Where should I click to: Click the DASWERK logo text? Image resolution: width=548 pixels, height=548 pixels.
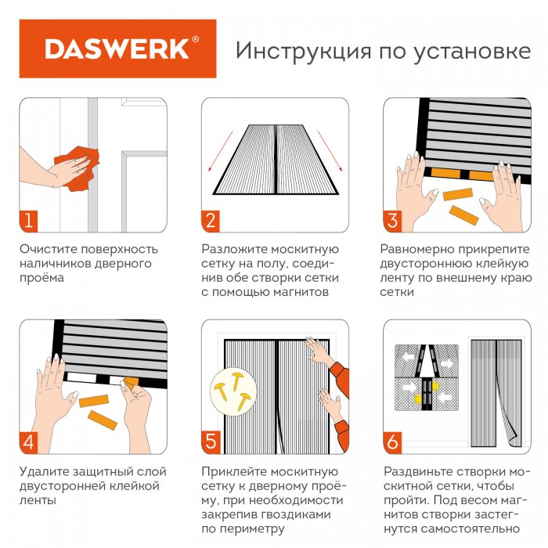[117, 49]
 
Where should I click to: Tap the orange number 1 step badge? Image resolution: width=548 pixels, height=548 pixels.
[29, 221]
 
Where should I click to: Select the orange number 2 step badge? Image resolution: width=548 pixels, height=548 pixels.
[211, 221]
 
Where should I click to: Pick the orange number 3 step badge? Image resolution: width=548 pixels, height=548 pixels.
[392, 221]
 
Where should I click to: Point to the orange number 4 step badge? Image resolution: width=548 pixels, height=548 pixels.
[29, 442]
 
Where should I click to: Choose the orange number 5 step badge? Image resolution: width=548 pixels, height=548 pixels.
[211, 442]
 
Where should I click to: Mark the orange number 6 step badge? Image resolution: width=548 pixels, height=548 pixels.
[392, 442]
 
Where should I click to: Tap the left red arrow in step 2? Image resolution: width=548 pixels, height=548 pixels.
[220, 151]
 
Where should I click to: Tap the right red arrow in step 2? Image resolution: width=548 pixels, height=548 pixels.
[330, 151]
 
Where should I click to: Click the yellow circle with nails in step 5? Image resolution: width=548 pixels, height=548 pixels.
[233, 391]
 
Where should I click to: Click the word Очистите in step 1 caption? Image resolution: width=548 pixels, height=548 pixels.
[49, 249]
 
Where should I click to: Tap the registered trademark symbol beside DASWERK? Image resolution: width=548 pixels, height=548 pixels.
[196, 39]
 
